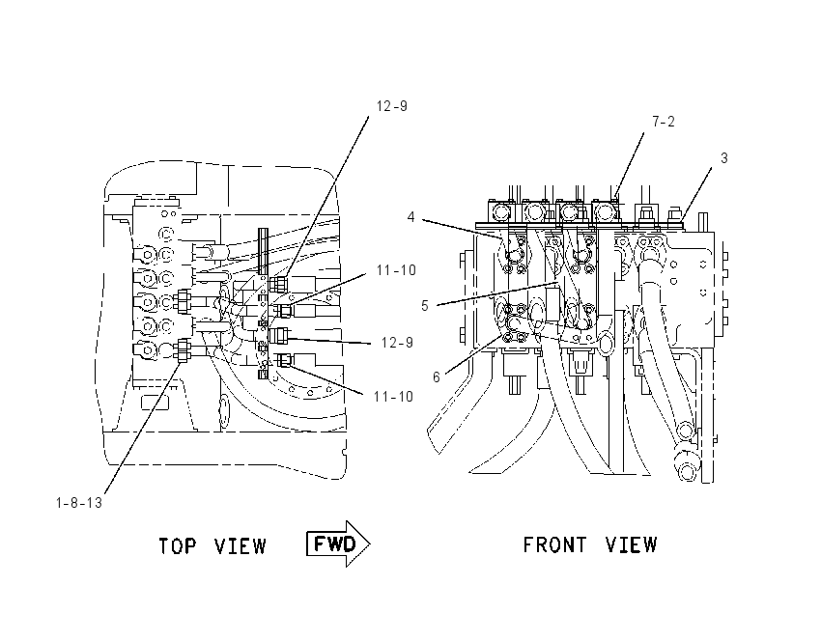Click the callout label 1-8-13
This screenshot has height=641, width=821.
click(x=79, y=503)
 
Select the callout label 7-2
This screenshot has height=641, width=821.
click(x=664, y=122)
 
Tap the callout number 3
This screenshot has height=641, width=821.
click(x=724, y=158)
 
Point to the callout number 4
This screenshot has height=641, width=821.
click(x=411, y=216)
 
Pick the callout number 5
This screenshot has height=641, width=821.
click(x=425, y=306)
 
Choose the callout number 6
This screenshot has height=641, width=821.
click(x=437, y=376)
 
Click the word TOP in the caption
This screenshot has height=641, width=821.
click(x=177, y=546)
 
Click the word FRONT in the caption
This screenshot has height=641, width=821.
click(x=554, y=544)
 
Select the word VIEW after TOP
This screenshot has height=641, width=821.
click(x=241, y=546)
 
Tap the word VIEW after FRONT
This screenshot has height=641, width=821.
click(x=631, y=544)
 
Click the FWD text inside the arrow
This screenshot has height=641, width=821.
click(x=334, y=544)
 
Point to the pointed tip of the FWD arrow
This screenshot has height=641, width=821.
click(x=370, y=543)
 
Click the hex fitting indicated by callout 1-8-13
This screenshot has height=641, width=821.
click(x=183, y=350)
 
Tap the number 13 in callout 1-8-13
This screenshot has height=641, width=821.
click(x=95, y=503)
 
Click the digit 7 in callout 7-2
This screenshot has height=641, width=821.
click(x=656, y=122)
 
